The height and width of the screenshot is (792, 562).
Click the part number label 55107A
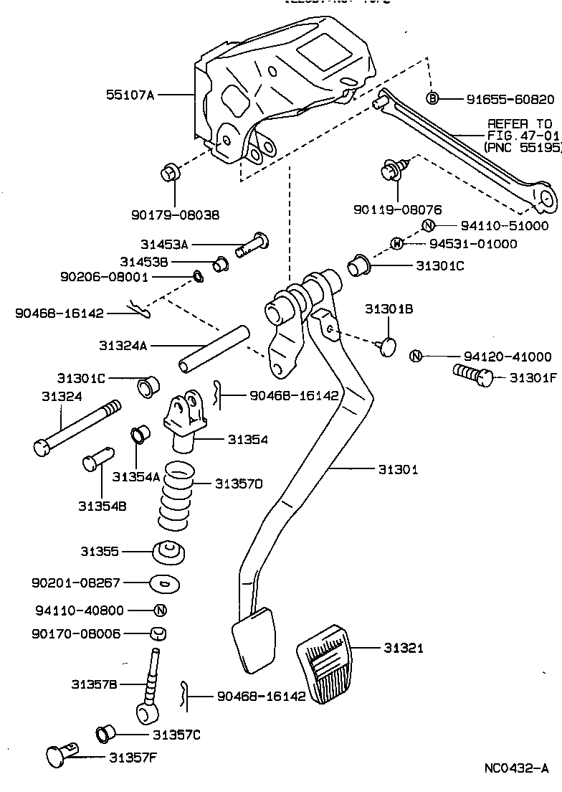(x=130, y=94)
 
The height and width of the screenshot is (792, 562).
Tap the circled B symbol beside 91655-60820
(x=432, y=98)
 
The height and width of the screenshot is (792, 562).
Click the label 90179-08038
(x=176, y=214)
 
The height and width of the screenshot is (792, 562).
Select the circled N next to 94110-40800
(x=161, y=610)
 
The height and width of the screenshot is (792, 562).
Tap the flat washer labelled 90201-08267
(x=165, y=583)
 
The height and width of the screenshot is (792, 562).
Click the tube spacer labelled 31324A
(x=214, y=349)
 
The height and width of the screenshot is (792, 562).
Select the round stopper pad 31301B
(x=388, y=345)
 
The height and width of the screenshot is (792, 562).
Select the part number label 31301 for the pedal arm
(x=398, y=469)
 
